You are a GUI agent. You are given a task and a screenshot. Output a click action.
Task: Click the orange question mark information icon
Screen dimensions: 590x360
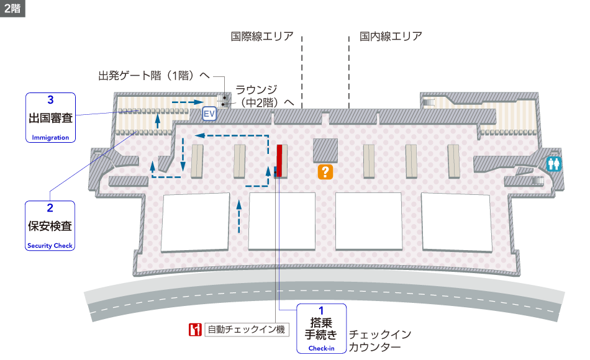point(324,172)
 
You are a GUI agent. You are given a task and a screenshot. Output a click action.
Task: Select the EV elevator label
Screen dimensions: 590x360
point(209,114)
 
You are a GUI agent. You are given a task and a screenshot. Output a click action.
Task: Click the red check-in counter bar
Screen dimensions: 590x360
point(279,160)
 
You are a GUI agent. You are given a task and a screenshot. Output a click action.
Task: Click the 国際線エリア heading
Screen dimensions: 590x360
point(262,36)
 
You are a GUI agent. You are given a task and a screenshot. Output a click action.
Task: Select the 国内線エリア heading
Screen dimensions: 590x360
point(391,36)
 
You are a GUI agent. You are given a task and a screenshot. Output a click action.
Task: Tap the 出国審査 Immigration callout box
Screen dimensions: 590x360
point(50,118)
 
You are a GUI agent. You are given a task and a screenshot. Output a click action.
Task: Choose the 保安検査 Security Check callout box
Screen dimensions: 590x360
point(50,225)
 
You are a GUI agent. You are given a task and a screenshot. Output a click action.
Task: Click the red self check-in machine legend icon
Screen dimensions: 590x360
point(195,330)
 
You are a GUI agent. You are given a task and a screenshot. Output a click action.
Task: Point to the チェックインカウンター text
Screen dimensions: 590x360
point(379,341)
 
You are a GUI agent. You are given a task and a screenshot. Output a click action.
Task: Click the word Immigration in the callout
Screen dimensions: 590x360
point(50,138)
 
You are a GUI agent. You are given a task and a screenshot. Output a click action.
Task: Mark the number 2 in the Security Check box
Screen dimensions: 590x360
point(50,209)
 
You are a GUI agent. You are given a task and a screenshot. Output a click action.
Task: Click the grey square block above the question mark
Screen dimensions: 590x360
point(325,150)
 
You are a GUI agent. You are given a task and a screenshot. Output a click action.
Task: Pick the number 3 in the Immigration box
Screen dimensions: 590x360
point(50,99)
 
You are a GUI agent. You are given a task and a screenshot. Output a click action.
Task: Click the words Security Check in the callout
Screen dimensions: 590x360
point(50,246)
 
